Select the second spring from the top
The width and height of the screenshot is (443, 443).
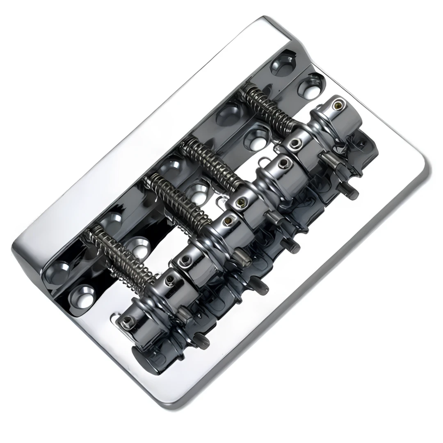click(x=211, y=164)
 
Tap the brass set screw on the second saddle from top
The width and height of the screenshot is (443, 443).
click(x=283, y=164)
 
